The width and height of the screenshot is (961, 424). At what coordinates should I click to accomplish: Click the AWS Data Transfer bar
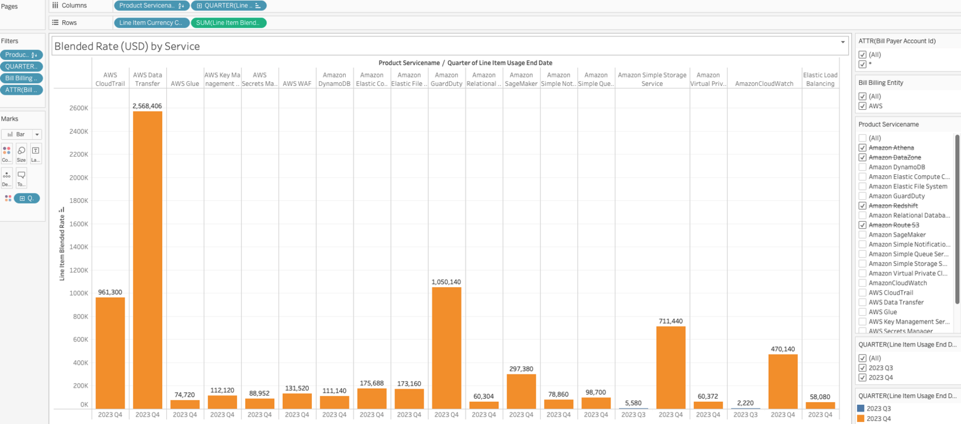coord(147,260)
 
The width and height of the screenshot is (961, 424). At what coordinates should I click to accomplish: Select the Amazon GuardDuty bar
coord(446,348)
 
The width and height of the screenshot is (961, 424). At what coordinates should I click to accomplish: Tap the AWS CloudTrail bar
coord(110,353)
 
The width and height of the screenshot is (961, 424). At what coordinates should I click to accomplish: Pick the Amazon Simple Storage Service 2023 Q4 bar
coord(671,367)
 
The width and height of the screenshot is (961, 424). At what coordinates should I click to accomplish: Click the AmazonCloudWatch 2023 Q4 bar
coord(783,382)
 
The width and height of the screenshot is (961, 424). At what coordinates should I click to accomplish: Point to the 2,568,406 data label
coord(147,106)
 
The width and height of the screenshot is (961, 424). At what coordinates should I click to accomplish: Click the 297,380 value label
coord(521,369)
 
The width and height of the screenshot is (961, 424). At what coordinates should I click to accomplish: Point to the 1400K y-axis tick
coord(78,247)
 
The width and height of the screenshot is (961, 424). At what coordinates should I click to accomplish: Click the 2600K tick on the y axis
coord(78,108)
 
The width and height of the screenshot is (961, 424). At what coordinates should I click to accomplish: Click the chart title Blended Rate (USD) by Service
coord(127,46)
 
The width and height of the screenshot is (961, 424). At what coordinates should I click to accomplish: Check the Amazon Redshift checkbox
coord(863,206)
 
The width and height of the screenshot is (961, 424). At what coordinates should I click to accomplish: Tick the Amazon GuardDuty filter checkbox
coord(863,196)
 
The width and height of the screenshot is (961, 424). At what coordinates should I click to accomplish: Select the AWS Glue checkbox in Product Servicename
coord(863,312)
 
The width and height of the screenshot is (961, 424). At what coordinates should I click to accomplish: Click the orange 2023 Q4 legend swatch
coord(860,419)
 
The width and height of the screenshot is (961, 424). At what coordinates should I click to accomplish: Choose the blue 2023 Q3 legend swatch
coord(860,409)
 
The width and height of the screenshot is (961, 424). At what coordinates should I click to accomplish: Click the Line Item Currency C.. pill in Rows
coord(151,23)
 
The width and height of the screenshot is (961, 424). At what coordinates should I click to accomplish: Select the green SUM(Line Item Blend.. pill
coord(228,23)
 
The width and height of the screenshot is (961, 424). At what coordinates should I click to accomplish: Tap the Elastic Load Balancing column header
coord(820,79)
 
